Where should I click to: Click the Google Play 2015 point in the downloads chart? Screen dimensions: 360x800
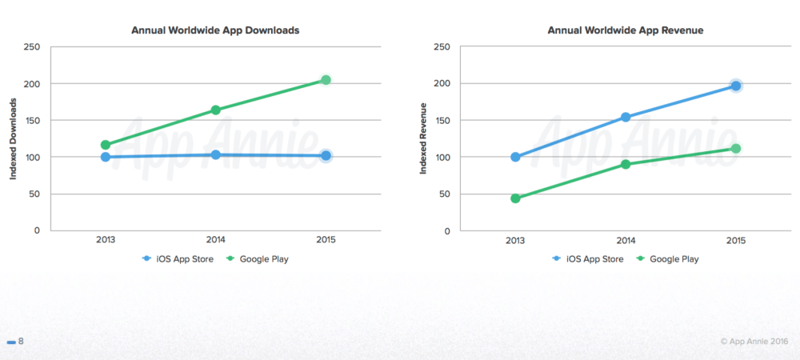[326, 80]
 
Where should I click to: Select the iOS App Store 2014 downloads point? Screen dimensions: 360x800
[215, 154]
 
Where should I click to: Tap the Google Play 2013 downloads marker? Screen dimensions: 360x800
[105, 145]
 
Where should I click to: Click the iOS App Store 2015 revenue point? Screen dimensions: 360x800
[735, 86]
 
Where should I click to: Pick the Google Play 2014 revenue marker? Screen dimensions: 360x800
[626, 164]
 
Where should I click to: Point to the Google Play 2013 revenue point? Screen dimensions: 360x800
[515, 198]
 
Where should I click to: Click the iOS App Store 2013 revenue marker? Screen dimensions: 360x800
[515, 157]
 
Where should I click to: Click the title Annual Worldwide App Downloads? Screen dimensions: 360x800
[215, 30]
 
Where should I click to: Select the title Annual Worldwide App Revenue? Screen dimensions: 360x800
[625, 30]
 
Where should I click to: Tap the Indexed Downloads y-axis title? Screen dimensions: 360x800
[14, 138]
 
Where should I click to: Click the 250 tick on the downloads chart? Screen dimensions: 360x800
[33, 47]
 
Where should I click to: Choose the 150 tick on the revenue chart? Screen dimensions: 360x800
[442, 121]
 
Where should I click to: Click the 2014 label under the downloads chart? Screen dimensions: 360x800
[215, 239]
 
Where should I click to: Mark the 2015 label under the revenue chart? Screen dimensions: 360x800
[735, 239]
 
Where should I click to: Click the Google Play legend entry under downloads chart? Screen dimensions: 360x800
[258, 258]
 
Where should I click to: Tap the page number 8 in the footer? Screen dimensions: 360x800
[21, 342]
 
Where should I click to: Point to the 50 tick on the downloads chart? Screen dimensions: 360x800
[35, 194]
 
